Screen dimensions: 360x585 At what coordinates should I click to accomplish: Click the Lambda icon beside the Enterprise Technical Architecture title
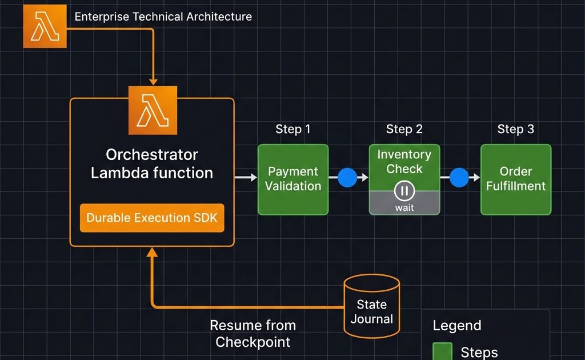point(45,26)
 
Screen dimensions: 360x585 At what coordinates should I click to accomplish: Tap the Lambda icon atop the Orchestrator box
point(153,110)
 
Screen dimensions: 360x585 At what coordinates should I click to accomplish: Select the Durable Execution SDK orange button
point(152,218)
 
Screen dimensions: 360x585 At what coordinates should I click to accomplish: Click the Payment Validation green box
point(293,179)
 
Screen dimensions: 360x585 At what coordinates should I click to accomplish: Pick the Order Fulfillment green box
point(516,179)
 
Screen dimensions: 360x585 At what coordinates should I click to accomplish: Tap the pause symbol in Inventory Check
point(404,190)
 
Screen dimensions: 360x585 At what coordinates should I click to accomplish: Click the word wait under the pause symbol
point(404,207)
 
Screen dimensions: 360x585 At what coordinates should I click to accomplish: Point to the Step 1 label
point(293,129)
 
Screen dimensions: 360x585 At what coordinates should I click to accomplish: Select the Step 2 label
point(404,129)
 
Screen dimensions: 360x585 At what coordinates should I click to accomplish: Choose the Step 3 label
point(515,129)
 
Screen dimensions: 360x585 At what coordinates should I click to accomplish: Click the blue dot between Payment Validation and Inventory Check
point(347,178)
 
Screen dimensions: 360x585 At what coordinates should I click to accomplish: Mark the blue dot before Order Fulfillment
point(459,178)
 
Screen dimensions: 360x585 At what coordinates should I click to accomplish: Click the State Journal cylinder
point(371,307)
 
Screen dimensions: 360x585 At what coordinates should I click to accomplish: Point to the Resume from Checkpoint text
point(253,334)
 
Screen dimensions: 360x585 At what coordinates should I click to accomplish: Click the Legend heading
point(457,326)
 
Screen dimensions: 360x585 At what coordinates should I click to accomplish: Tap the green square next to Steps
point(442,351)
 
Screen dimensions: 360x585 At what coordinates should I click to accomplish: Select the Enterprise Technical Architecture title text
point(163,17)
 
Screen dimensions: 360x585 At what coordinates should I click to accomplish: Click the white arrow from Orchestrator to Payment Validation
point(246,178)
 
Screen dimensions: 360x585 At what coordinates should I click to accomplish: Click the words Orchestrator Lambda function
point(152,164)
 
